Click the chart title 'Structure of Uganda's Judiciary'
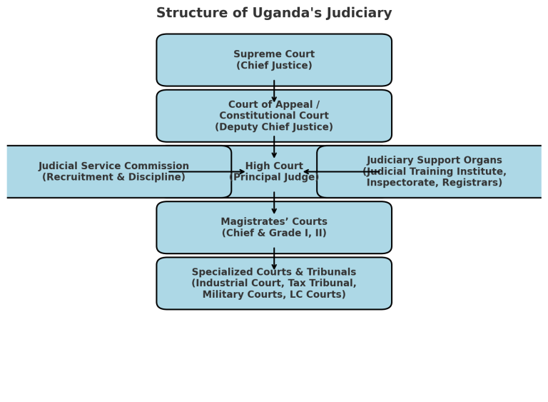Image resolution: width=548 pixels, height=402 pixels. [274, 13]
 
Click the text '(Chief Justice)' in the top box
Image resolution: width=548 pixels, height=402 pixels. [274, 66]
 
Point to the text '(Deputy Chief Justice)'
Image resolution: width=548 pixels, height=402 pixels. [274, 127]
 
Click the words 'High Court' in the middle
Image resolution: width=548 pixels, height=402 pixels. [274, 166]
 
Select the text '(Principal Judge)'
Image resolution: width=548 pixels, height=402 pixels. [274, 178]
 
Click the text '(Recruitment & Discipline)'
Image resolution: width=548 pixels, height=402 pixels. [113, 177]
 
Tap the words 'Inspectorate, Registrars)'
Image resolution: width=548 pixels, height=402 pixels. [434, 183]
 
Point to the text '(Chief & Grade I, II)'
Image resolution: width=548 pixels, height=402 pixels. [274, 233]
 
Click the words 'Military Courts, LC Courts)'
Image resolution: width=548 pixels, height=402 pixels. [274, 294]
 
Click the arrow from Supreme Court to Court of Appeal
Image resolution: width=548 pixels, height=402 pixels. [274, 91]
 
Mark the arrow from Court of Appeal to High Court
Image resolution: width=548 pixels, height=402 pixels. [274, 147]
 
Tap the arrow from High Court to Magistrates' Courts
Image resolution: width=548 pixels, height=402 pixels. [274, 203]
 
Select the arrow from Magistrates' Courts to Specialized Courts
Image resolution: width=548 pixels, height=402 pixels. [274, 259]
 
